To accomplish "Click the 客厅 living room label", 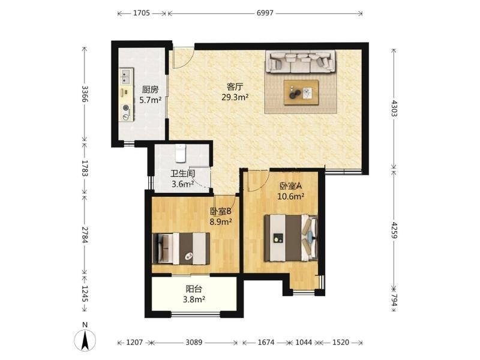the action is (235, 86).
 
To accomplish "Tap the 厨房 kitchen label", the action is (151, 89).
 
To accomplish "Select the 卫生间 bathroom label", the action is (183, 174).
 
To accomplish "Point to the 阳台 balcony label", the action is (194, 289).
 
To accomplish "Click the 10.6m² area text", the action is (291, 196).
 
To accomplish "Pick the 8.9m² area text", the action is (220, 221).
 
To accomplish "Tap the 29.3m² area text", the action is (235, 97).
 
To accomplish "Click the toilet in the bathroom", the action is (181, 153).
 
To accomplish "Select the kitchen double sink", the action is (126, 77).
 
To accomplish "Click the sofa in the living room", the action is (301, 62).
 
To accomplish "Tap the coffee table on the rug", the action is (301, 92).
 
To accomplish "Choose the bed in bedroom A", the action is (291, 238).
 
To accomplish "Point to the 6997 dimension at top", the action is (265, 13).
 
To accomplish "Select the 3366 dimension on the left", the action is (85, 95).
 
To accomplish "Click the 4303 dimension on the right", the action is (394, 109).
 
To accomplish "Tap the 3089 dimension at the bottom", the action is (194, 342).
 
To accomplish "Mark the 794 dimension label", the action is (394, 301).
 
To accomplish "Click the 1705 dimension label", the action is (142, 13).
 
